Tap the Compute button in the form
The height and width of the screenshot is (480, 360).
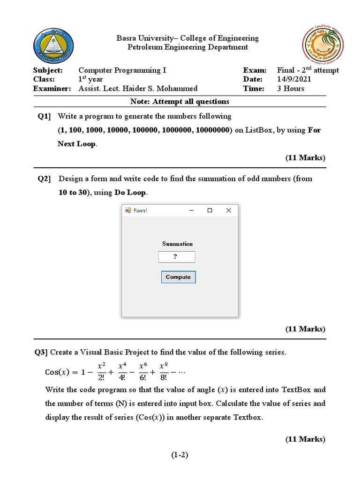click(178, 277)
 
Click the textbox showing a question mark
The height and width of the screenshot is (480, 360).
click(177, 257)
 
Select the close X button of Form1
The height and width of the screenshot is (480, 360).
click(229, 210)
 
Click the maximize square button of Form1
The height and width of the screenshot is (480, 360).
click(210, 210)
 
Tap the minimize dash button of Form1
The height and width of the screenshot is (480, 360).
click(191, 210)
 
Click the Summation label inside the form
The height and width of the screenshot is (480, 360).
click(177, 244)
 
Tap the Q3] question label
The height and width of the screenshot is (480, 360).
click(41, 352)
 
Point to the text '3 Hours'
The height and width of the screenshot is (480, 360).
click(291, 89)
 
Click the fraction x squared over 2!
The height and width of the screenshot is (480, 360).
click(101, 372)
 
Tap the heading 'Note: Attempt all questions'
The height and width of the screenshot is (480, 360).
click(180, 101)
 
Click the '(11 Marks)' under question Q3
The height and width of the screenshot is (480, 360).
click(305, 439)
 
